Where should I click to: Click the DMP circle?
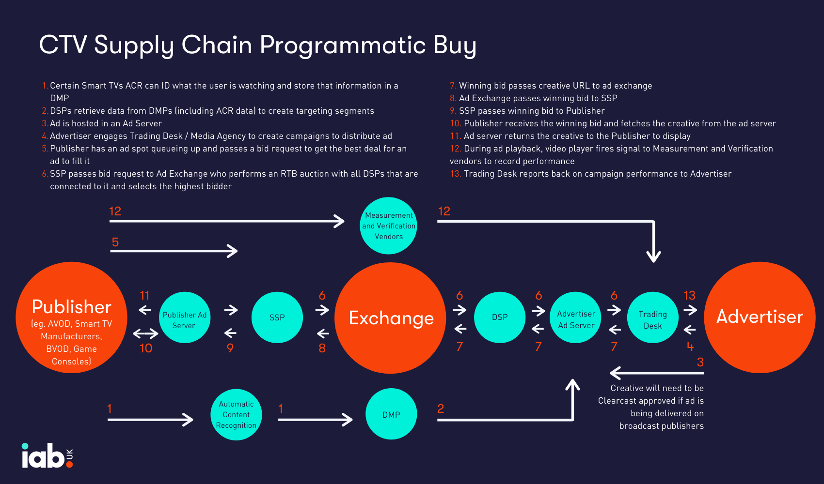pos(391,414)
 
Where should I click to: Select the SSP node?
pos(277,318)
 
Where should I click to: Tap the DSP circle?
pos(500,317)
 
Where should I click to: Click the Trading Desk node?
pos(652,318)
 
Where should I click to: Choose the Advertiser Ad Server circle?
pos(576,318)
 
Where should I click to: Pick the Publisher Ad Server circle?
pos(185,318)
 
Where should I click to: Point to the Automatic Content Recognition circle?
pos(236,414)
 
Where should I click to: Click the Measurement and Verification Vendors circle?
pos(389,226)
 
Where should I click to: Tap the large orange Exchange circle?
pos(391,318)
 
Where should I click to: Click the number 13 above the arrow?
pos(689,295)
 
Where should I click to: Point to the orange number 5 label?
pos(115,242)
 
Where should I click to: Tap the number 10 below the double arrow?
pos(146,348)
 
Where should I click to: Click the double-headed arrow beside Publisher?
pos(145,333)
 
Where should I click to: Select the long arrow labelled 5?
pos(174,251)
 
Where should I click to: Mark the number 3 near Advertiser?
pos(700,362)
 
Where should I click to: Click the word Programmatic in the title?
pos(343,45)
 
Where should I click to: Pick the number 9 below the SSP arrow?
pos(230,348)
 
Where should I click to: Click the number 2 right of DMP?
pos(441,408)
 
